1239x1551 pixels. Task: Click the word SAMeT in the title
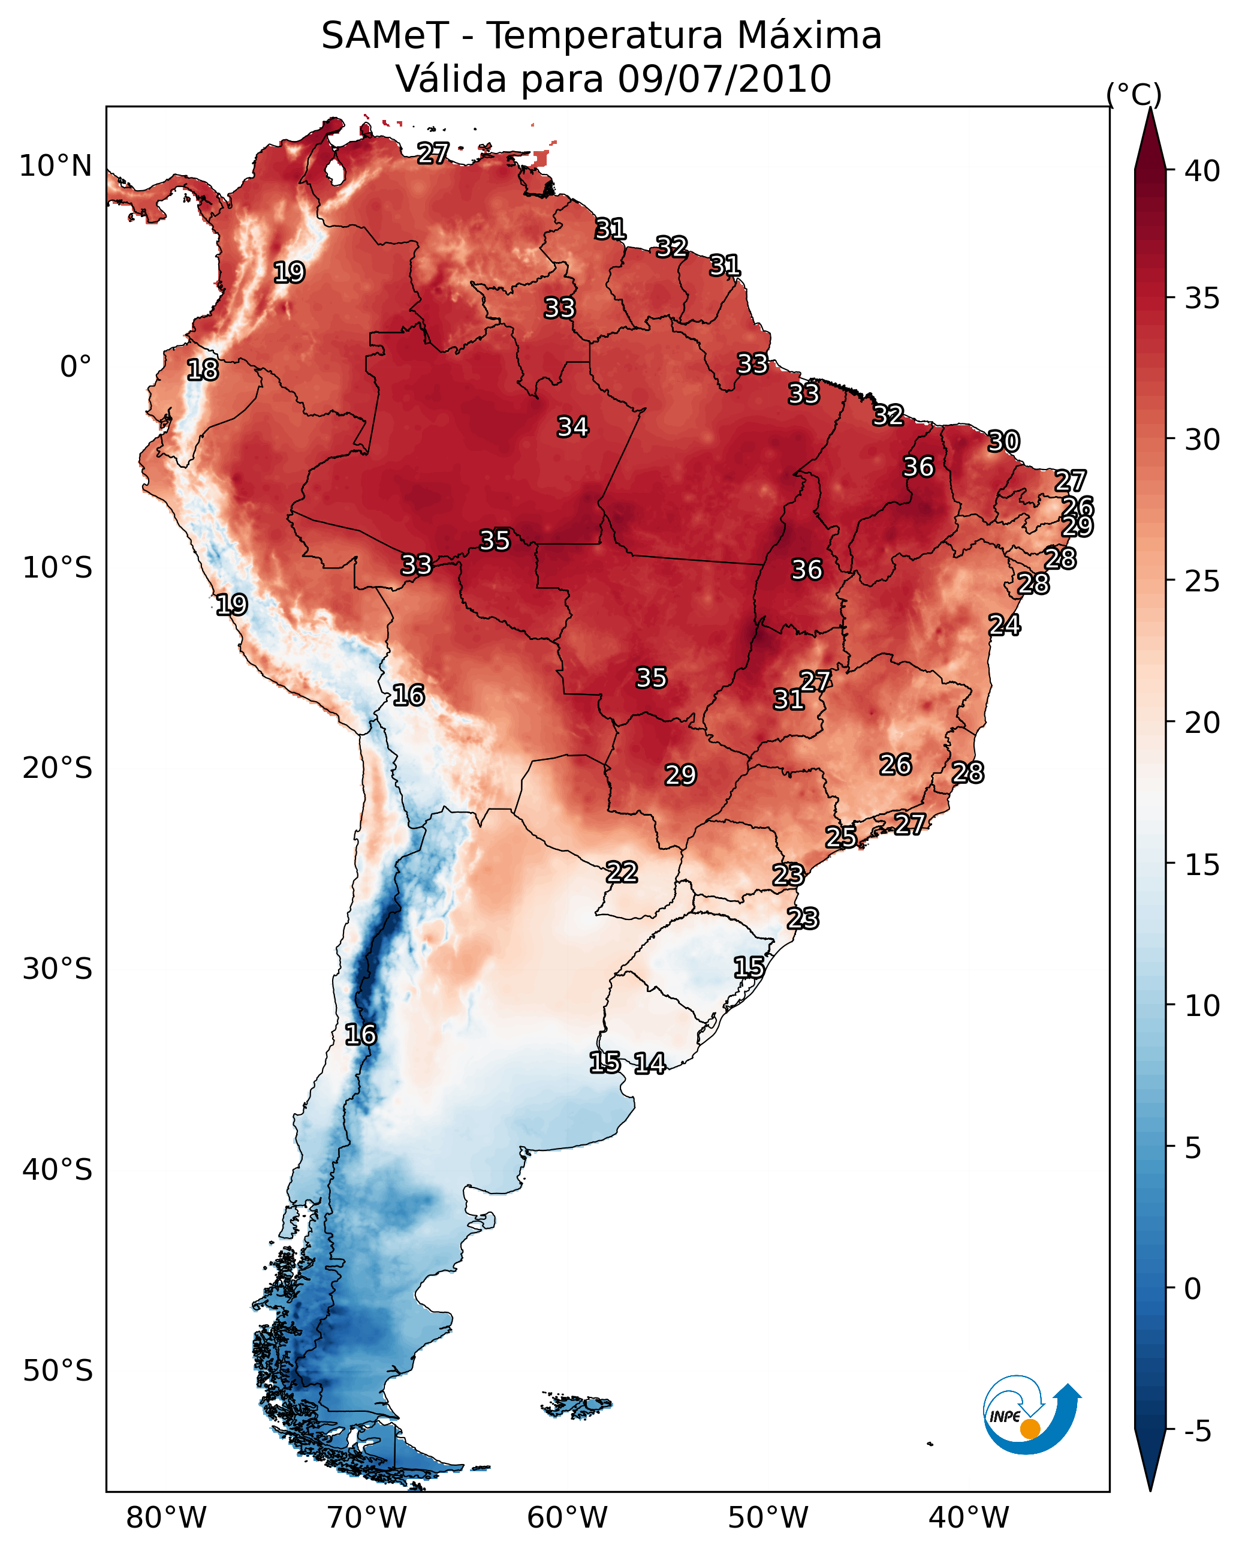[x=385, y=36]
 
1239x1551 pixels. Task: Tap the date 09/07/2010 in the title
[x=724, y=79]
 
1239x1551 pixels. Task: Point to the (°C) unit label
[x=1134, y=94]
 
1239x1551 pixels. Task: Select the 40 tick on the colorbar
[x=1202, y=171]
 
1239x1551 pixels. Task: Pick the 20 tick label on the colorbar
[x=1202, y=723]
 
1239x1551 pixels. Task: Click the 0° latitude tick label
[x=76, y=367]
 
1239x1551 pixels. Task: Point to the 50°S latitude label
[x=58, y=1370]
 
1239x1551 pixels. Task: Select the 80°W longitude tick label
[x=166, y=1517]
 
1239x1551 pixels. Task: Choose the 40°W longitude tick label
[x=969, y=1517]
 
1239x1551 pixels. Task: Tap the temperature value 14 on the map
[x=649, y=1063]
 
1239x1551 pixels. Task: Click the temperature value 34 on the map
[x=573, y=426]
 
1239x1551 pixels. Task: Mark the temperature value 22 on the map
[x=622, y=872]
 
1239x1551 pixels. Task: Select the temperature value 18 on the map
[x=203, y=370]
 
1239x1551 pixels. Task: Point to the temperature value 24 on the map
[x=1005, y=625]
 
